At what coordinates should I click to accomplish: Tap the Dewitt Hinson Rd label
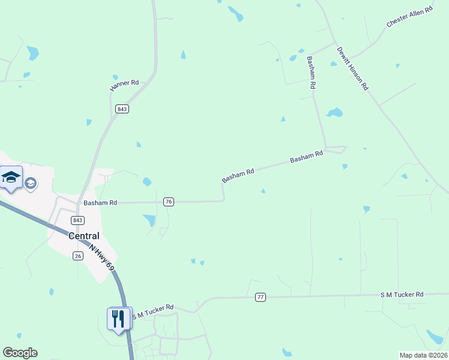point(352,68)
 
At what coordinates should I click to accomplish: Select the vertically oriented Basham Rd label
point(310,73)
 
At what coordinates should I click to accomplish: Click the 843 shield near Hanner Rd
point(122,109)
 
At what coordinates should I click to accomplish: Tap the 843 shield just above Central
point(77,220)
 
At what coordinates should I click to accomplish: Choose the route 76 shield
point(169,202)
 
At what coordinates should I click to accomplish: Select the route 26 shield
point(77,256)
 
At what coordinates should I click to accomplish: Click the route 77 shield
point(260,297)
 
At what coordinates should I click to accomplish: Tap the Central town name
point(83,236)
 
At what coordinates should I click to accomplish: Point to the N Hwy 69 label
point(101,257)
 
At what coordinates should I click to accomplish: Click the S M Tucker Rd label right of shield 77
point(402,294)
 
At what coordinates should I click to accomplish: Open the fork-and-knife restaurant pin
point(119,317)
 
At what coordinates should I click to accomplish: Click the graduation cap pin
point(11,178)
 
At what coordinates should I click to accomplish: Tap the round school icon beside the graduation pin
point(31,183)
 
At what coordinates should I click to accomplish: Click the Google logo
point(20,353)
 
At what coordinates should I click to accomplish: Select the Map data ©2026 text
point(423,355)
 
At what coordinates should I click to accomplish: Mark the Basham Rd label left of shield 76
point(100,203)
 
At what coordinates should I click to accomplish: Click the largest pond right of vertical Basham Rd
point(334,112)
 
